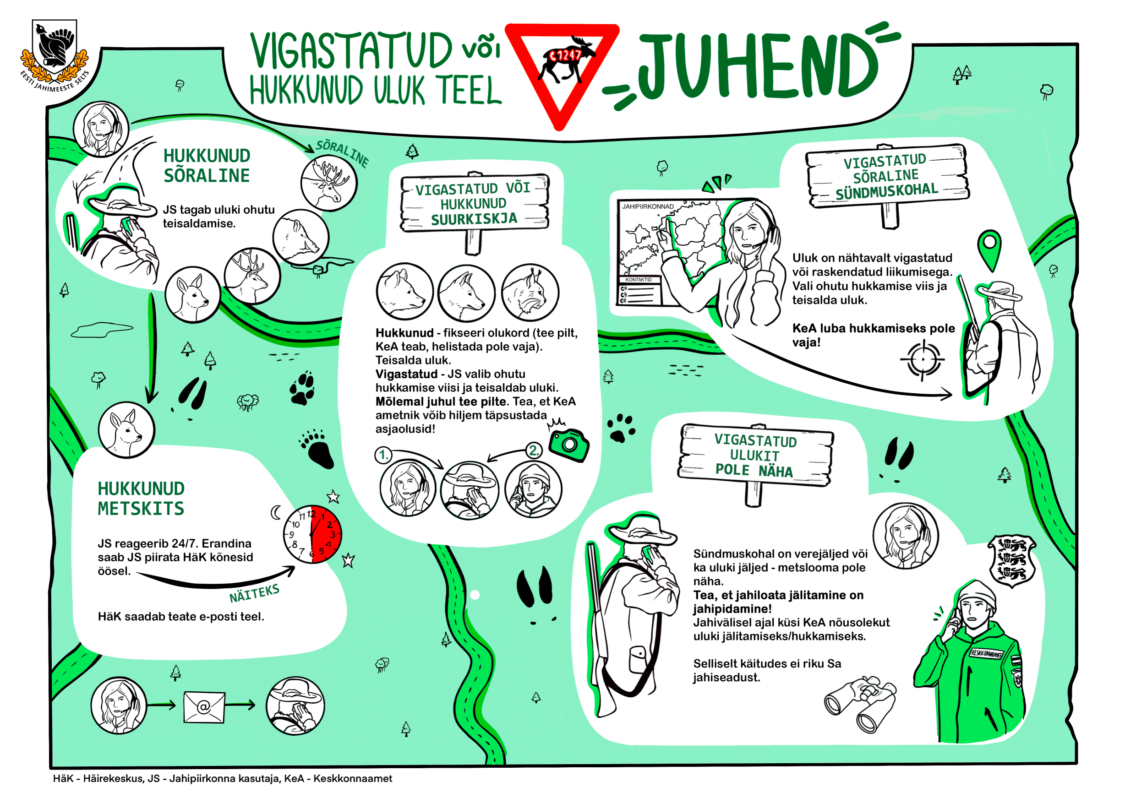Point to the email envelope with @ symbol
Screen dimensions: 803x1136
tap(204, 707)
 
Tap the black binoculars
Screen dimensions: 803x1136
tap(861, 704)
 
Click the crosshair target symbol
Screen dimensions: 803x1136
tap(922, 359)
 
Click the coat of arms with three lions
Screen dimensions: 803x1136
tap(1012, 561)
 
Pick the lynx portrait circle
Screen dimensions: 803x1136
tap(530, 293)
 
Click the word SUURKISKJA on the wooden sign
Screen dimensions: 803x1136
tap(474, 219)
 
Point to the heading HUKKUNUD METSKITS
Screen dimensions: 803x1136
tap(141, 499)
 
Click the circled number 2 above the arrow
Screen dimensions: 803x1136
tap(533, 450)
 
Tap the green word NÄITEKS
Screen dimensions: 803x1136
tap(254, 593)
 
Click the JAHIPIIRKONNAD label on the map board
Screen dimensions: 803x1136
tap(648, 206)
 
